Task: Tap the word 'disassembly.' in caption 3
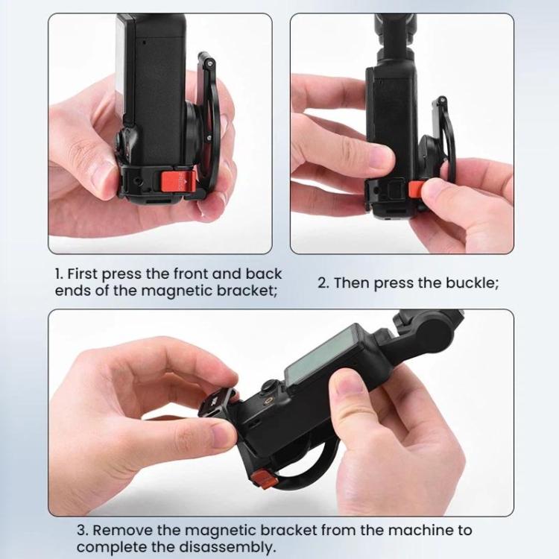233,546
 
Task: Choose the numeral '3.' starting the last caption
83,531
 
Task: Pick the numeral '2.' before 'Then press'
323,283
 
